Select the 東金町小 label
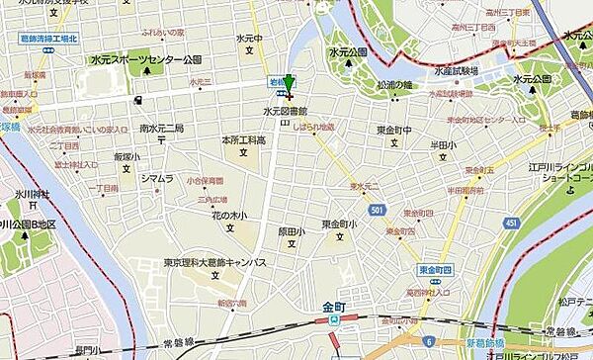coord(338,225)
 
